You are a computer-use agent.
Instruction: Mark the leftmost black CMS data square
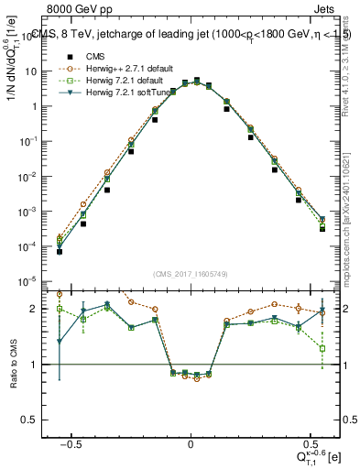(60, 250)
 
